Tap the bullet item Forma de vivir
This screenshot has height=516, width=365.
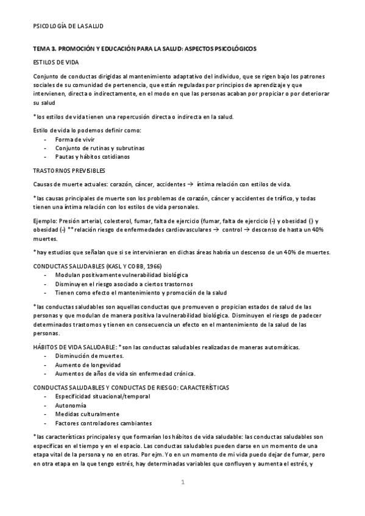tap(75, 140)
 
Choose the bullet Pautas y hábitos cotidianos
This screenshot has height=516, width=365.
tap(92, 157)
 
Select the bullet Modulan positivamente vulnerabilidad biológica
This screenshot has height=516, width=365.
tap(121, 275)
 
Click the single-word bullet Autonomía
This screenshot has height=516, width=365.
tap(70, 405)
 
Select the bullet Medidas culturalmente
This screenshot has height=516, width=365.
tap(83, 414)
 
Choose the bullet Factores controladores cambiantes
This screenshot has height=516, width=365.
tap(103, 423)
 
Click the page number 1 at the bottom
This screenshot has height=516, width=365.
tap(182, 483)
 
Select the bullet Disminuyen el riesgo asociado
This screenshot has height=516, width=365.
tap(124, 284)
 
